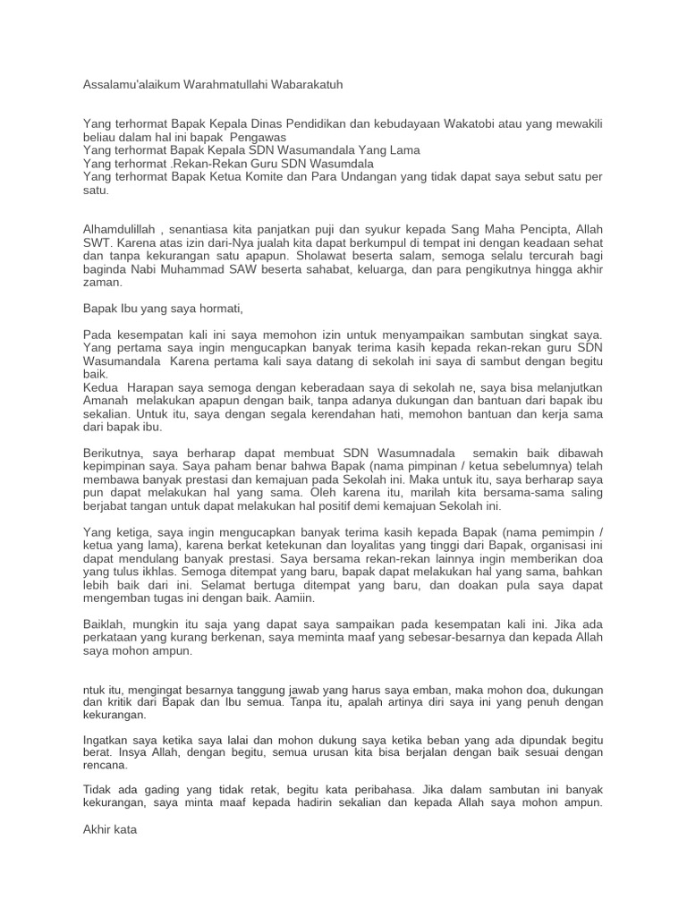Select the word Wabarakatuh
click(305, 84)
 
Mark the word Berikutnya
click(113, 454)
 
